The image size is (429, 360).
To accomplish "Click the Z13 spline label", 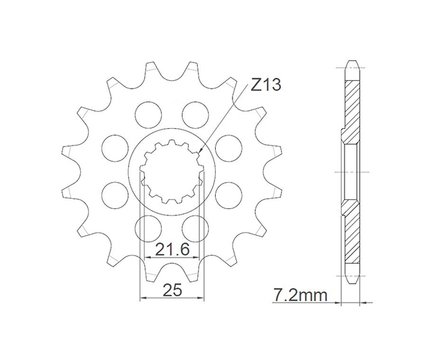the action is tap(266, 84).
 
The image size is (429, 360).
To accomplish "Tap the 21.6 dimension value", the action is tap(172, 250).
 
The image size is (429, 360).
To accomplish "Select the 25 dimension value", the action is tap(172, 290).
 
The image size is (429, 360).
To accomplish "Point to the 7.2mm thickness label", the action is tap(300, 296).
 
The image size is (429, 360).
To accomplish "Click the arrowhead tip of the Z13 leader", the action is tap(200, 152).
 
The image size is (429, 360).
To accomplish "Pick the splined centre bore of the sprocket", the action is tap(172, 172).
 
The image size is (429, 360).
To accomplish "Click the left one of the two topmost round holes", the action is tap(149, 115).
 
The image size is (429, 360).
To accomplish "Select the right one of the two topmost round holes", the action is tap(196, 115).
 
